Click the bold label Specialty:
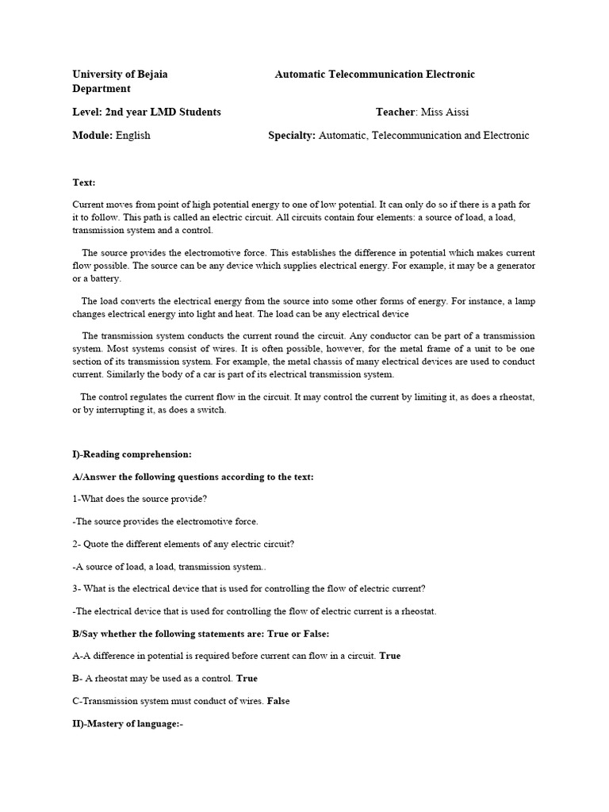(x=292, y=135)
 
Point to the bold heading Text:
(x=83, y=182)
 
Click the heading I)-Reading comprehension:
(x=132, y=454)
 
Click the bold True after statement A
(x=390, y=656)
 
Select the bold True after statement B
(x=247, y=678)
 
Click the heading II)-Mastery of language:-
(x=128, y=723)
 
